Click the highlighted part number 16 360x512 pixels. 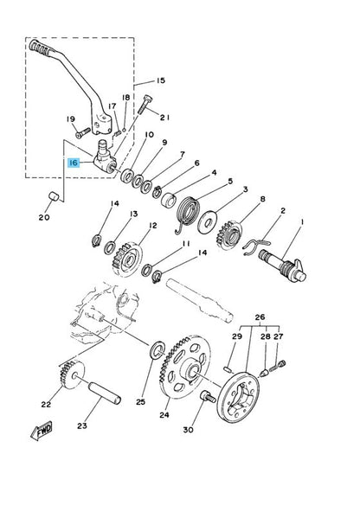click(x=74, y=161)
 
